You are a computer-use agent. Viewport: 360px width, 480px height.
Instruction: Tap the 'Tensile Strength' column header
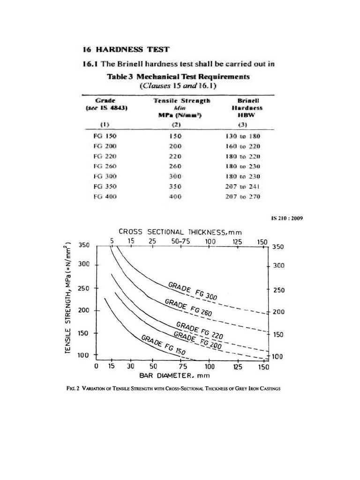tap(182, 101)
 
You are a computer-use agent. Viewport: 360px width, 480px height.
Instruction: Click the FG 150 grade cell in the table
tap(105, 136)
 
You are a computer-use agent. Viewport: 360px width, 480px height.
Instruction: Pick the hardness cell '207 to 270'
tap(243, 197)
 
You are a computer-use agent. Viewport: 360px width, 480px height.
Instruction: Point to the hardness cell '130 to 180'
tap(243, 136)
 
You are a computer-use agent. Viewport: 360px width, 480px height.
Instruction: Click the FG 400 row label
tap(105, 197)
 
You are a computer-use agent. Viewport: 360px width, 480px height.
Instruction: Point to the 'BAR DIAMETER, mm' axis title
tap(174, 375)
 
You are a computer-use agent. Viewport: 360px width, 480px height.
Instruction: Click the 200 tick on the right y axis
tap(278, 312)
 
